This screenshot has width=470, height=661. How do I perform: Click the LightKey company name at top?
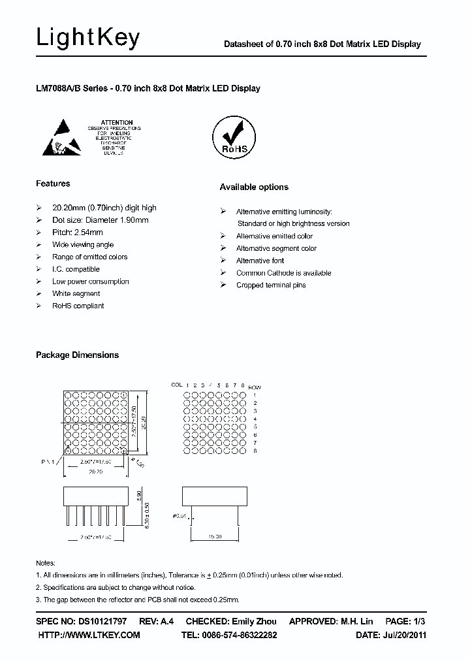click(x=87, y=39)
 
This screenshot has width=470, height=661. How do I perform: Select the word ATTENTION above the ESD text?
click(x=117, y=122)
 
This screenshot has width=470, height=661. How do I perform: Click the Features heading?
click(x=53, y=184)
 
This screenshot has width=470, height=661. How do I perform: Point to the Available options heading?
click(x=254, y=187)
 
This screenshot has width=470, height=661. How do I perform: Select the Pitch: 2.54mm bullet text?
click(x=77, y=233)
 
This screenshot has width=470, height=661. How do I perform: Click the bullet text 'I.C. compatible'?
click(x=76, y=269)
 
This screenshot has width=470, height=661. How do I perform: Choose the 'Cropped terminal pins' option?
click(x=271, y=285)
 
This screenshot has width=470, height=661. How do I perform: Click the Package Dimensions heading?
click(x=77, y=355)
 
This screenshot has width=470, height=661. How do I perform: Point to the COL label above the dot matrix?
click(x=176, y=385)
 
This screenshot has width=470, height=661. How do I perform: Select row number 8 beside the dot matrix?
click(x=255, y=451)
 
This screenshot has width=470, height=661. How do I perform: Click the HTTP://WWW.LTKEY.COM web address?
click(x=89, y=635)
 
